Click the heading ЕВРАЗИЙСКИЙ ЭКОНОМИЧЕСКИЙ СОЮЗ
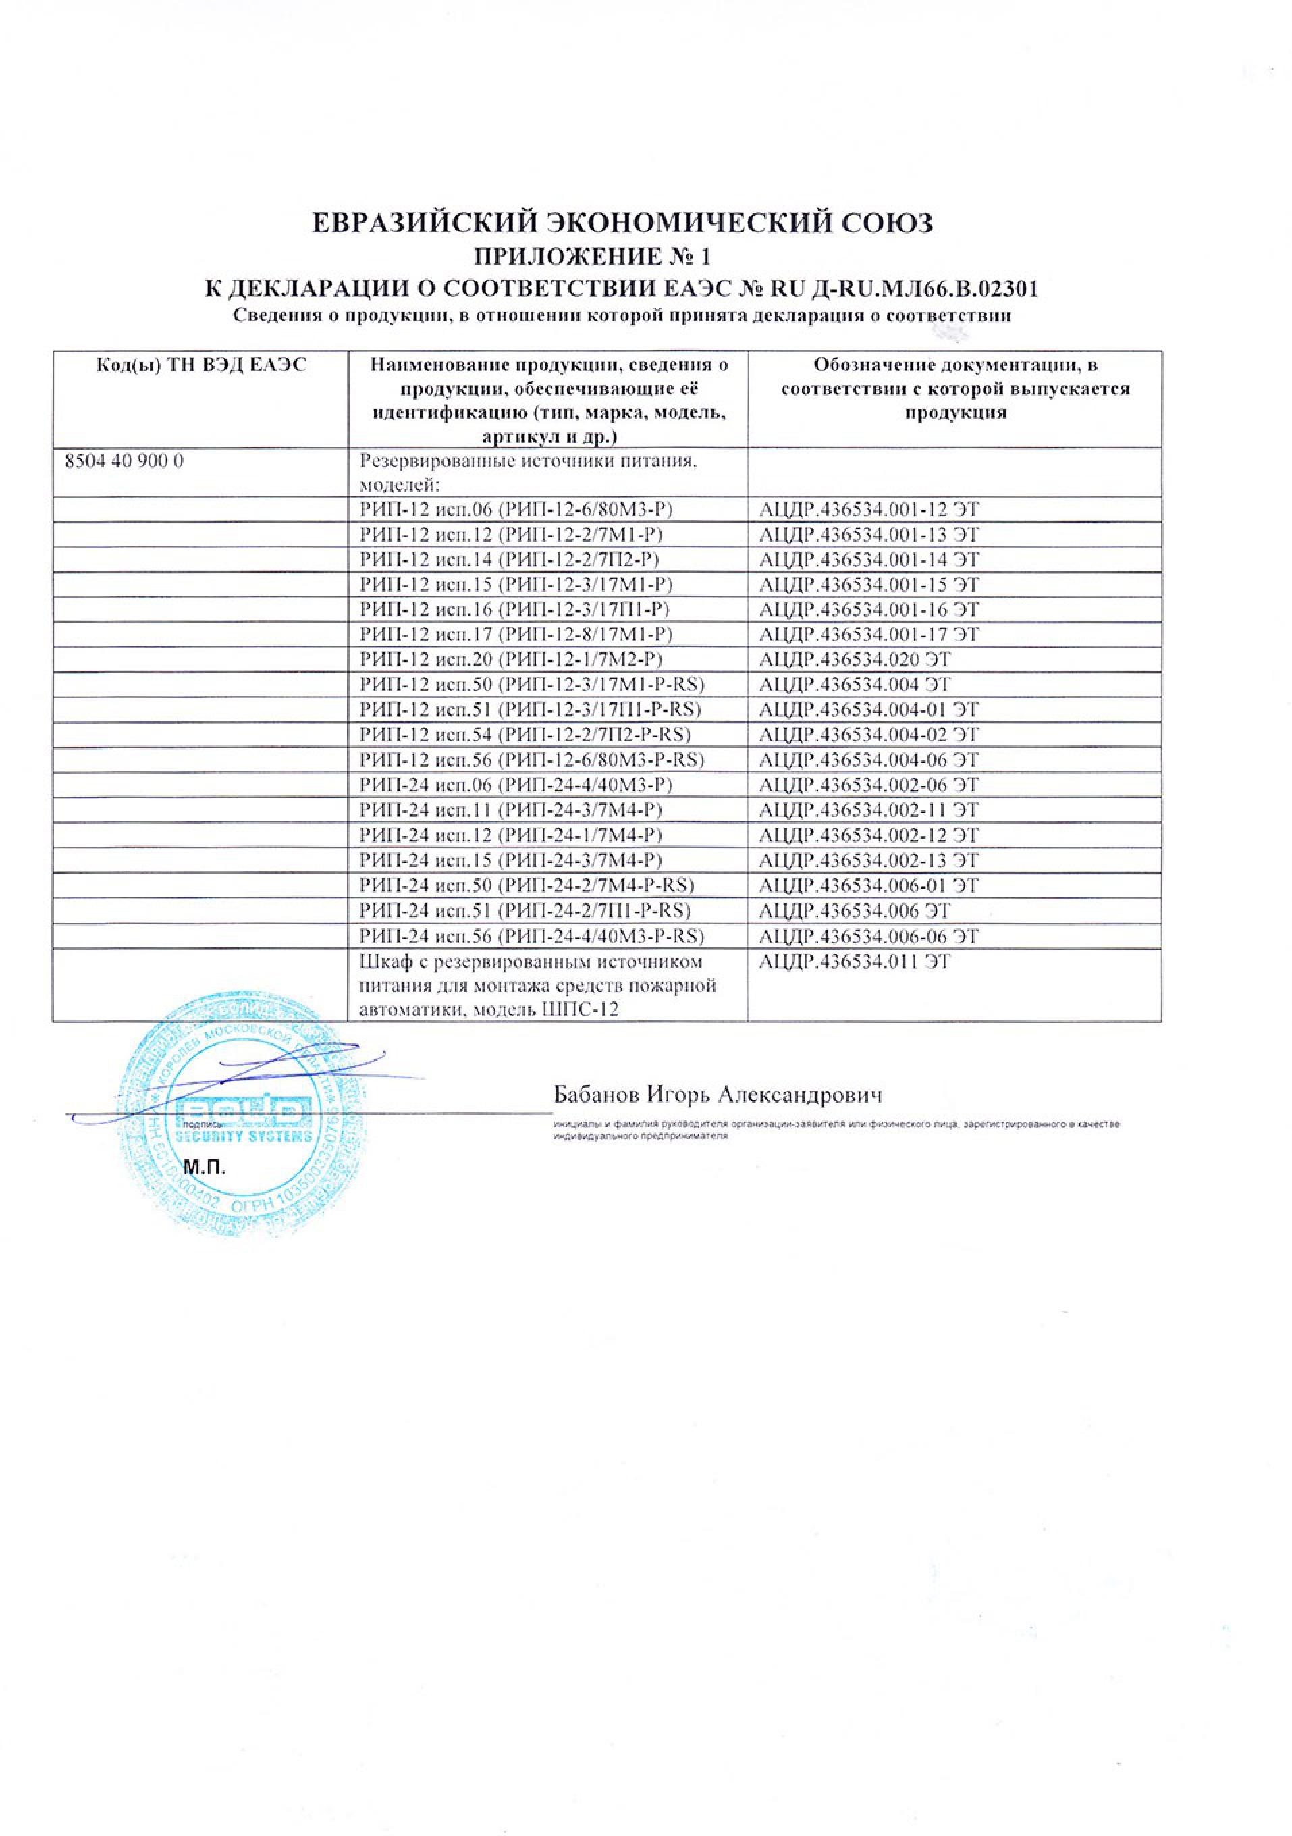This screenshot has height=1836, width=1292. coord(621,223)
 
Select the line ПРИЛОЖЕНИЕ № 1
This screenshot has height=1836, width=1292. coord(591,257)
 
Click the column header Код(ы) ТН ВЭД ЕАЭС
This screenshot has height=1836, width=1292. coord(200,366)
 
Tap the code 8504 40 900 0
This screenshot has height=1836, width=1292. coord(122,461)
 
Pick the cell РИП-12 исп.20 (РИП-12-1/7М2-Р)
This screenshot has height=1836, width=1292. coord(512,660)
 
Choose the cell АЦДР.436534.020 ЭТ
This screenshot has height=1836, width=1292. coord(855,660)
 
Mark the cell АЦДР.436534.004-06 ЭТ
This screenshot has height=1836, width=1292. coord(870,760)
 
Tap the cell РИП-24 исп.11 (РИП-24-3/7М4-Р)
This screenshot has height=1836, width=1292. coord(512,810)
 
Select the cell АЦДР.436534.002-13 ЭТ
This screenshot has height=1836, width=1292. coord(870,860)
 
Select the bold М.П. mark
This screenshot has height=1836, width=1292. coord(207,1168)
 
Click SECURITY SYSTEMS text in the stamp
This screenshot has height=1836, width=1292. coord(242,1137)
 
